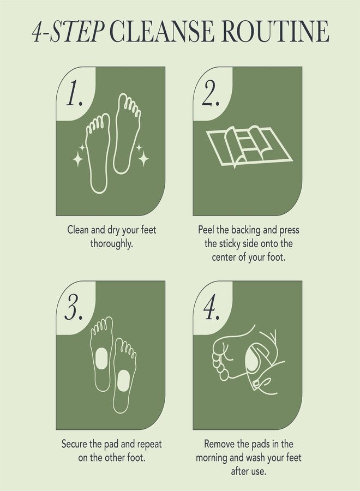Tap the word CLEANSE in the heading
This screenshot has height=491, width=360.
[159, 32]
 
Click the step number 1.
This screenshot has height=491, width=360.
[74, 94]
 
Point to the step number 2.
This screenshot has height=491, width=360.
[211, 94]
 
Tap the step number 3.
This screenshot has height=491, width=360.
[74, 309]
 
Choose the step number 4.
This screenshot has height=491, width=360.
[211, 309]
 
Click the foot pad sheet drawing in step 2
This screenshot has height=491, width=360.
[248, 146]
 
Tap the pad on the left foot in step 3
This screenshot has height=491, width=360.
[101, 358]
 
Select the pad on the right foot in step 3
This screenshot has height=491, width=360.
[123, 377]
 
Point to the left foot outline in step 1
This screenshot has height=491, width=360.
[98, 153]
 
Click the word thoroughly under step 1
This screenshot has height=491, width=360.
[111, 243]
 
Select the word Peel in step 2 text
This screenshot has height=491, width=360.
[207, 230]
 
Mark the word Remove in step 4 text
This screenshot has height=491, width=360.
[219, 444]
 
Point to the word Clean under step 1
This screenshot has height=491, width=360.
[78, 230]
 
